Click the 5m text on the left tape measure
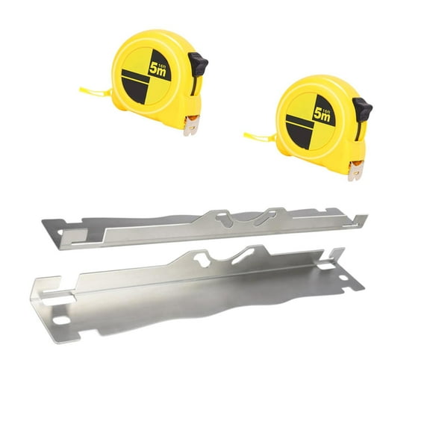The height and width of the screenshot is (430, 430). click(x=158, y=69)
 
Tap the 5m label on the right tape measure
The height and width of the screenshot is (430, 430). click(x=322, y=115)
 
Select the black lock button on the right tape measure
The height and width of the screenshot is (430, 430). click(x=362, y=109)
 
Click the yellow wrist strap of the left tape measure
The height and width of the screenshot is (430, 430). click(x=96, y=92)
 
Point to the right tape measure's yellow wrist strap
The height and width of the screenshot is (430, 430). click(x=260, y=137)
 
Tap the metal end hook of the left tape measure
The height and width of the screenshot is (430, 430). click(x=191, y=125)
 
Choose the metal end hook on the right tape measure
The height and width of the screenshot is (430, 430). click(x=355, y=171)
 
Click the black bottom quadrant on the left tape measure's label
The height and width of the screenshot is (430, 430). click(x=135, y=88)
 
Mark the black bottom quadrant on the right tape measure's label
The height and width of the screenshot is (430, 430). click(x=299, y=134)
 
